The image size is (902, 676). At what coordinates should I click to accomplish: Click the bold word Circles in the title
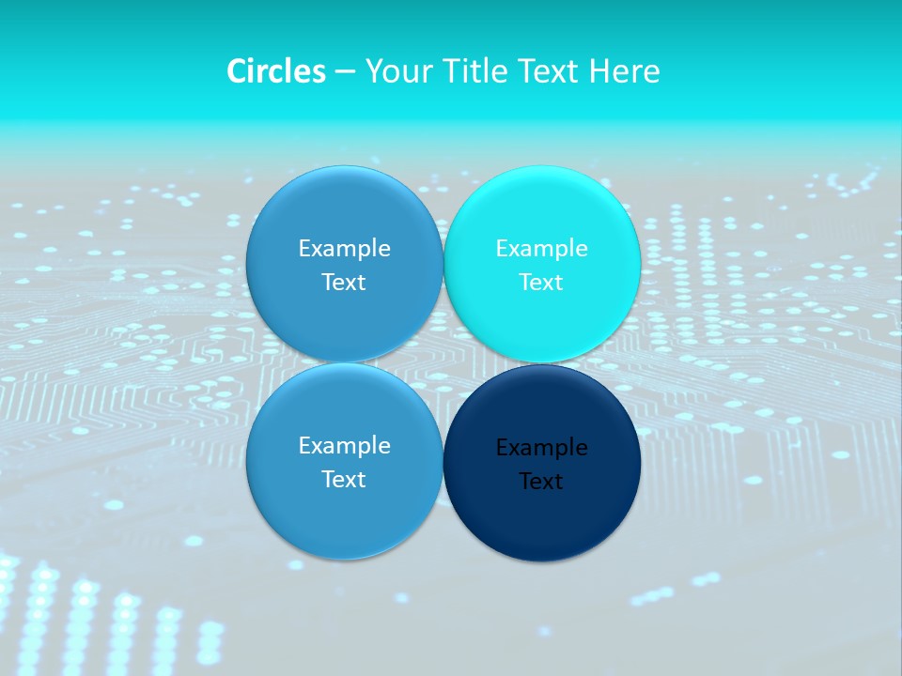click(x=276, y=71)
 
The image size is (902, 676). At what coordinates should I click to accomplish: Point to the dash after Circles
click(x=345, y=72)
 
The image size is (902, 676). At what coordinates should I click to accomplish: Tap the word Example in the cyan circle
click(x=541, y=249)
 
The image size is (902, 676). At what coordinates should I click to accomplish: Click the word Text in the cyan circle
click(x=541, y=283)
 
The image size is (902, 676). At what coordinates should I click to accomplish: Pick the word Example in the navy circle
click(x=541, y=448)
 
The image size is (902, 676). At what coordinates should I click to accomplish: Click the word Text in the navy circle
click(x=541, y=482)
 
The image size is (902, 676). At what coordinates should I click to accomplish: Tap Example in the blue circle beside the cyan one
click(x=344, y=249)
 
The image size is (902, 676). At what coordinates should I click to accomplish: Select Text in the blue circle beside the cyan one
click(x=344, y=283)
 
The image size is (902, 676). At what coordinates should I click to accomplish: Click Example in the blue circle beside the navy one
click(x=344, y=446)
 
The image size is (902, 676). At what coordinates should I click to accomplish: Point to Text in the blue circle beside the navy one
click(x=344, y=480)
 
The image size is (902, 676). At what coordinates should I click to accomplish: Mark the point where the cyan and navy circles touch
click(x=542, y=363)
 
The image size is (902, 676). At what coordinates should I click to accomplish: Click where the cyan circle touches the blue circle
click(x=443, y=265)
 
